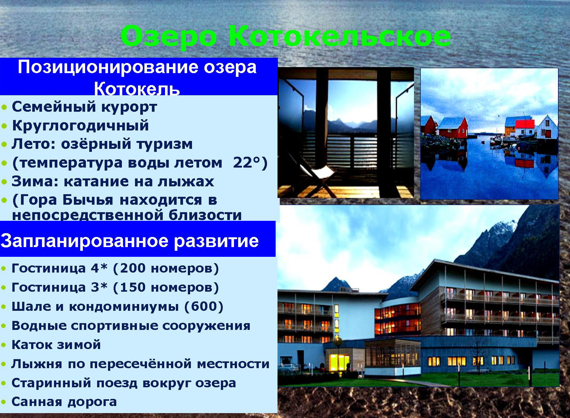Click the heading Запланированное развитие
[129, 241]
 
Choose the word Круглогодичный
[80, 126]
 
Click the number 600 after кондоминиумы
[204, 306]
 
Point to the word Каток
[31, 345]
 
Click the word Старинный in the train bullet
[51, 383]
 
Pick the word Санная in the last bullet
[37, 402]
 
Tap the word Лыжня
[37, 364]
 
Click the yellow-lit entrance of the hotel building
[339, 363]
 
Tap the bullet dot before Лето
[4, 145]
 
